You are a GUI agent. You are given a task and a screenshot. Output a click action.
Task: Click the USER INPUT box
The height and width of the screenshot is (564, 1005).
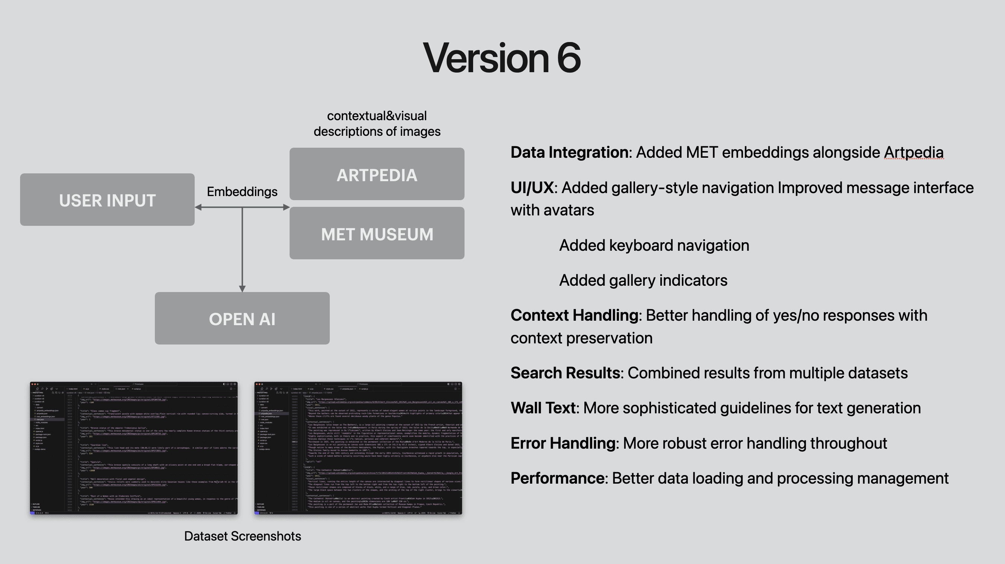(x=107, y=200)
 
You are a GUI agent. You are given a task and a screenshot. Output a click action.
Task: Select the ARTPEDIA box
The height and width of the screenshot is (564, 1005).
(x=377, y=174)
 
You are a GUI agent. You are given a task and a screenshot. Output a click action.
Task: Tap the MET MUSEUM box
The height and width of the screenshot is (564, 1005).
(x=377, y=233)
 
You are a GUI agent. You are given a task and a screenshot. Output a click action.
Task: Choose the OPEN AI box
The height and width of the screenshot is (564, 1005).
(x=242, y=318)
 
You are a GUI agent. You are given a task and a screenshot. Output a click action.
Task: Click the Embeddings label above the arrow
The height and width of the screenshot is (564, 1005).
(x=242, y=192)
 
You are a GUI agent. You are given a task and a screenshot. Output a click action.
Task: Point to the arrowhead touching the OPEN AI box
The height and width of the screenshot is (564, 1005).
(x=242, y=289)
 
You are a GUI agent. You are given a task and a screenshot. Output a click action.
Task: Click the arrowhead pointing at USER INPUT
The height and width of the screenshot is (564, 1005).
(x=198, y=208)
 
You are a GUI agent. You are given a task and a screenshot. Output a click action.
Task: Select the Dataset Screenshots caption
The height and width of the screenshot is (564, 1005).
(x=242, y=536)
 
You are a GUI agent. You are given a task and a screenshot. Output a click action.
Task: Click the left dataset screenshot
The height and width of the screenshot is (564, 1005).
(x=134, y=448)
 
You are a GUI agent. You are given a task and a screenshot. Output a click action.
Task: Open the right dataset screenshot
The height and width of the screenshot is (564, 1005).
(x=358, y=448)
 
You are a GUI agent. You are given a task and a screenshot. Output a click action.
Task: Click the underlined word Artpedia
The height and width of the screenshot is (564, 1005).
(x=914, y=153)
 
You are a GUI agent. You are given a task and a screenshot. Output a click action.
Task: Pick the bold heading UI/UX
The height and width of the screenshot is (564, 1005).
(x=532, y=188)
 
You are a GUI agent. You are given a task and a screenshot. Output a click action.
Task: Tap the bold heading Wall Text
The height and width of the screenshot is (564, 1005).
(x=543, y=408)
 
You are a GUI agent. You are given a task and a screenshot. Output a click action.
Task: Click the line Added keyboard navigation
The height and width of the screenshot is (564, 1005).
(x=654, y=245)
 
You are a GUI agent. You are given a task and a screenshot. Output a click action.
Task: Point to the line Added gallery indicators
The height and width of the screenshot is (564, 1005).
(x=643, y=281)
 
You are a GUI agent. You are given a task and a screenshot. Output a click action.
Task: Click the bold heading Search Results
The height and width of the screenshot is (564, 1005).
(x=565, y=373)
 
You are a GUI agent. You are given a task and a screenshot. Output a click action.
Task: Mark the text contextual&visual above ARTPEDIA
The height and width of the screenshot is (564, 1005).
(x=376, y=116)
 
